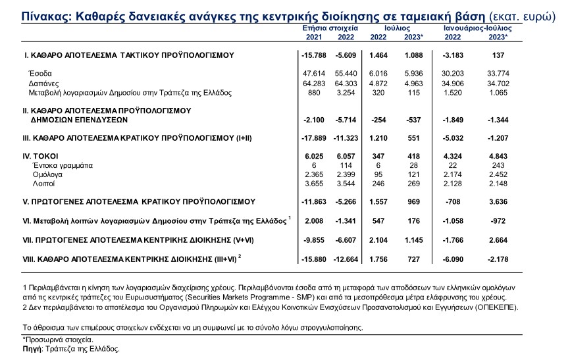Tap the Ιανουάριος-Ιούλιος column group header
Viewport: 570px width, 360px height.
(x=477, y=29)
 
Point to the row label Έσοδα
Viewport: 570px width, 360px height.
(x=39, y=73)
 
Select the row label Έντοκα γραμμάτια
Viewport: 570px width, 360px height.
(x=59, y=165)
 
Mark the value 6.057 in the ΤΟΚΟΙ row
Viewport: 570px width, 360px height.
(x=346, y=155)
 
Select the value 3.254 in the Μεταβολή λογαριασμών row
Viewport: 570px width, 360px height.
(x=347, y=93)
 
